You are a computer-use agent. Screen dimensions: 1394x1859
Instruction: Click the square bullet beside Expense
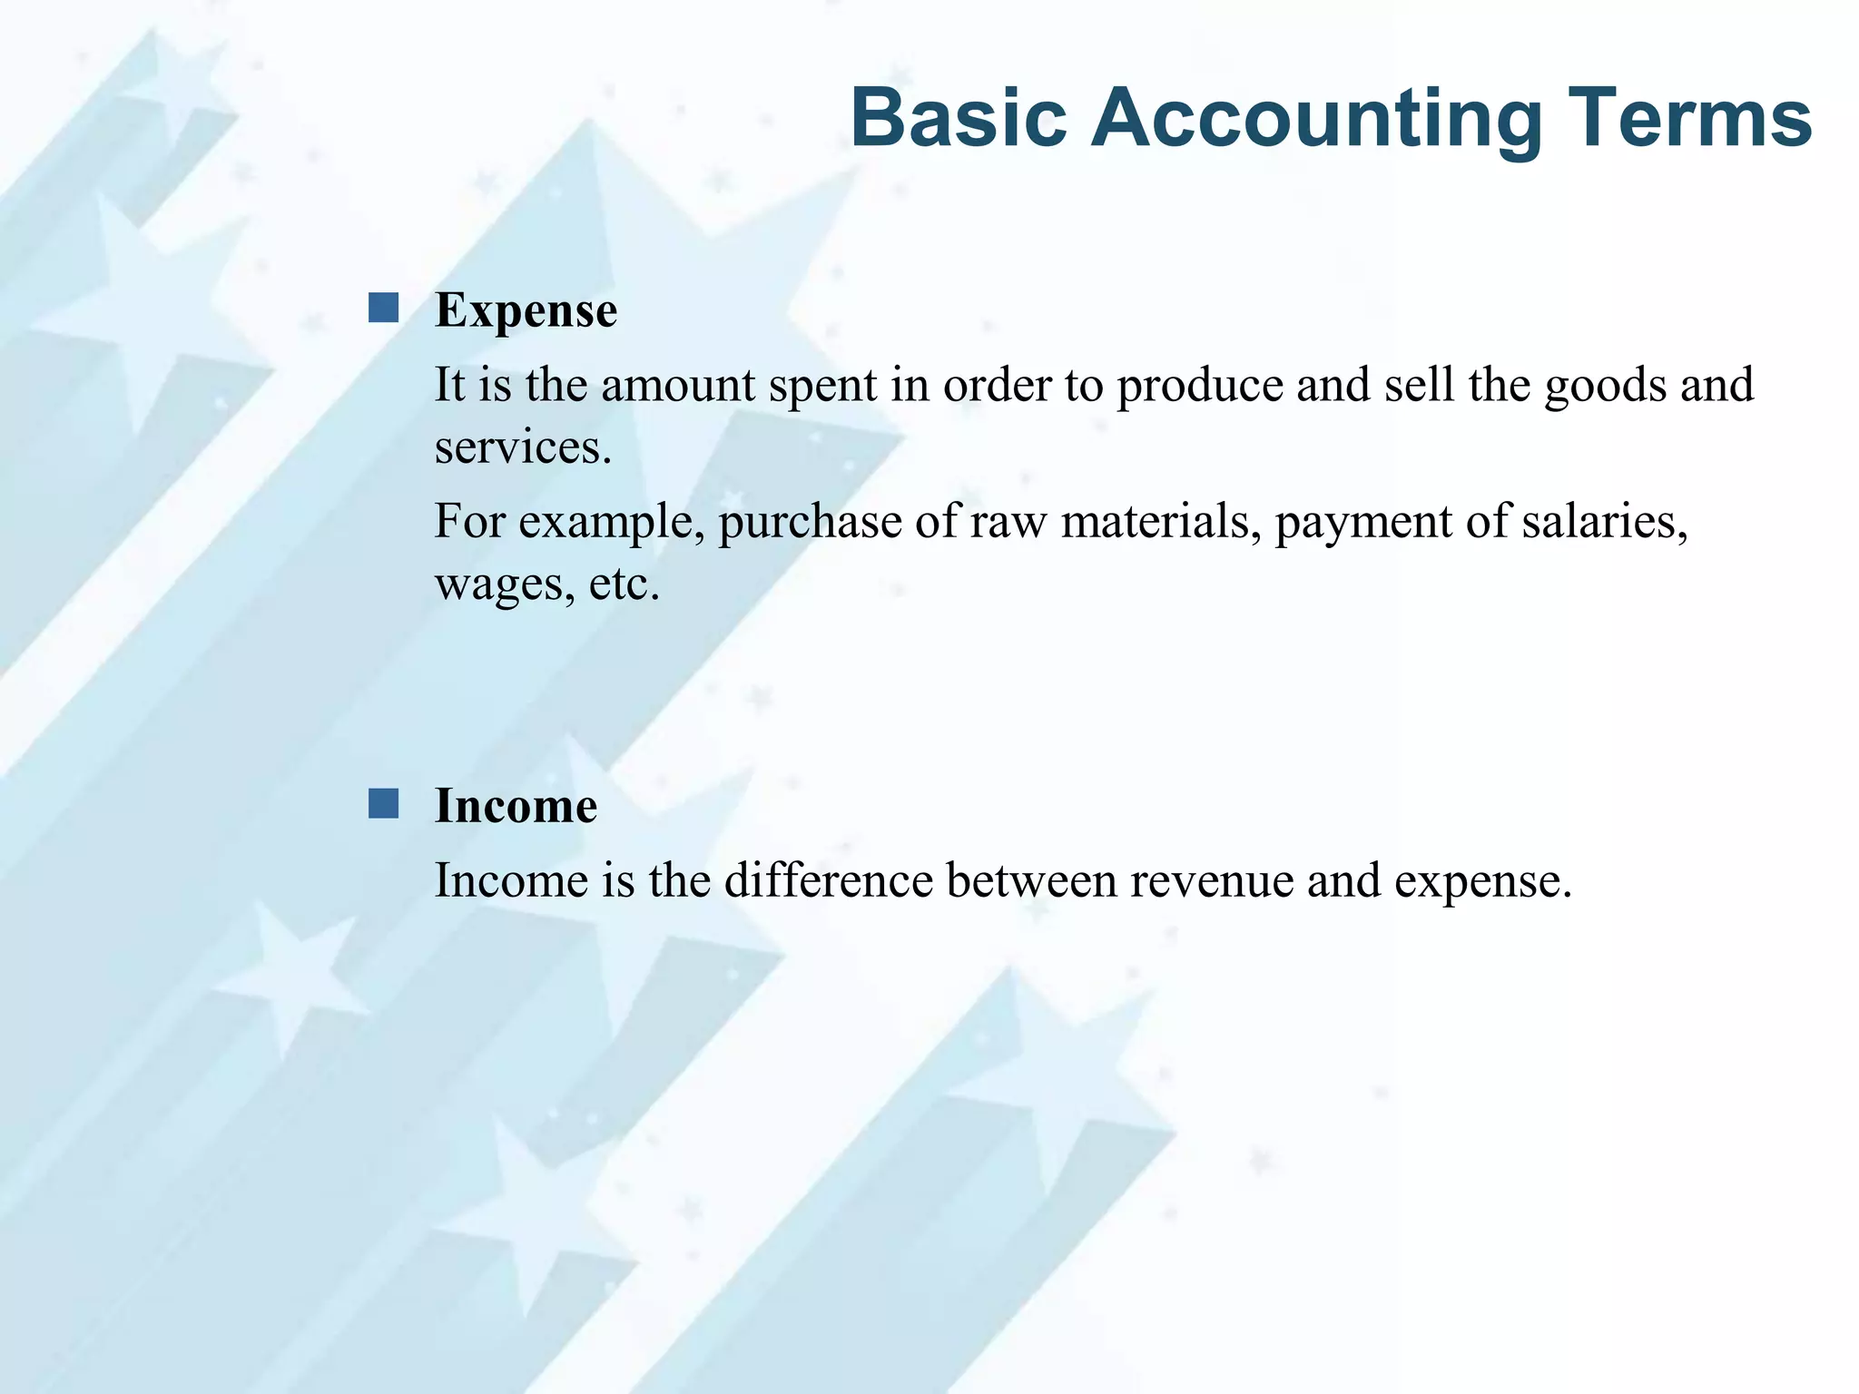(383, 309)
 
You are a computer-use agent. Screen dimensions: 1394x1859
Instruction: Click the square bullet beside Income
(383, 804)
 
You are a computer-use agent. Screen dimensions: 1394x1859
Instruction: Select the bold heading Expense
(526, 310)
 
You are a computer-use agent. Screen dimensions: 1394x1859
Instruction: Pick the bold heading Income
(516, 806)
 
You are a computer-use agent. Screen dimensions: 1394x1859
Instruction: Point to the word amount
(677, 385)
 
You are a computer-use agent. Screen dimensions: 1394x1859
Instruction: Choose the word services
(523, 448)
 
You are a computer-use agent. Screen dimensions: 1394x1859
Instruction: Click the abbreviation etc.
(624, 584)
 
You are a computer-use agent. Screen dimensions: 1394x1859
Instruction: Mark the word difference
(828, 880)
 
